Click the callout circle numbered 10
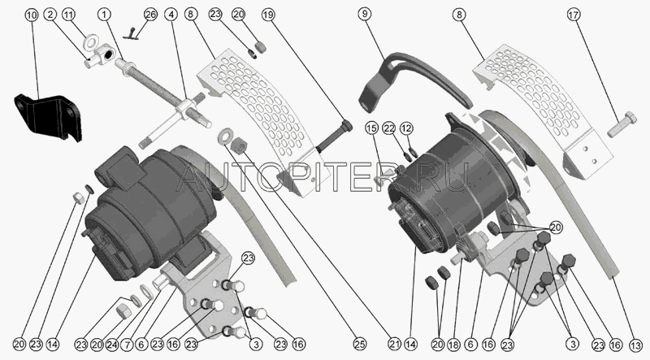click(32, 15)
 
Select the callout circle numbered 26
click(150, 15)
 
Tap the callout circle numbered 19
click(268, 15)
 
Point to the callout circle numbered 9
click(364, 14)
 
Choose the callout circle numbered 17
click(573, 15)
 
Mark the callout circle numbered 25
click(359, 345)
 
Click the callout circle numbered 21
click(395, 345)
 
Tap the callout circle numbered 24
click(113, 345)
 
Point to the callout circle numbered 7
click(128, 345)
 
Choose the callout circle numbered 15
click(372, 128)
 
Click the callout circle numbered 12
click(406, 128)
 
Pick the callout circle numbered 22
click(389, 128)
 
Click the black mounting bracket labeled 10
click(48, 117)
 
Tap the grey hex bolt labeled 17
click(622, 124)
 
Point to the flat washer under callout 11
click(90, 42)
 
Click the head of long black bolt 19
click(346, 125)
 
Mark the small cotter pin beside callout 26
click(132, 34)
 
